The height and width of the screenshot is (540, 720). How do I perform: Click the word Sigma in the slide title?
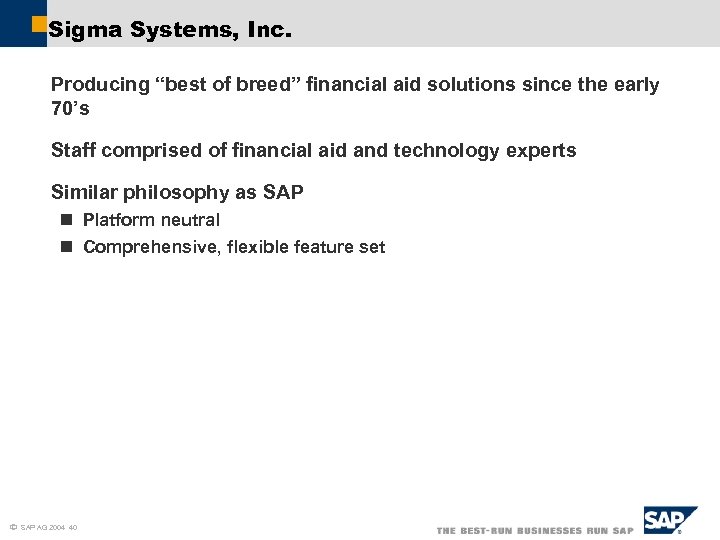point(78,31)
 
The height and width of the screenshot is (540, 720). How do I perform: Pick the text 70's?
point(70,109)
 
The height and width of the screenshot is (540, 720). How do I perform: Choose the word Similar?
point(84,193)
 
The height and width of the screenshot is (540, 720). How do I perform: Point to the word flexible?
point(260,247)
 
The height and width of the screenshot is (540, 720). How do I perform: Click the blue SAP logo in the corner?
point(668,521)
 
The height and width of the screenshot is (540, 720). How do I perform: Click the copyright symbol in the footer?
point(12,527)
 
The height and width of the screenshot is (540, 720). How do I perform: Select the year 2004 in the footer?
point(57,527)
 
